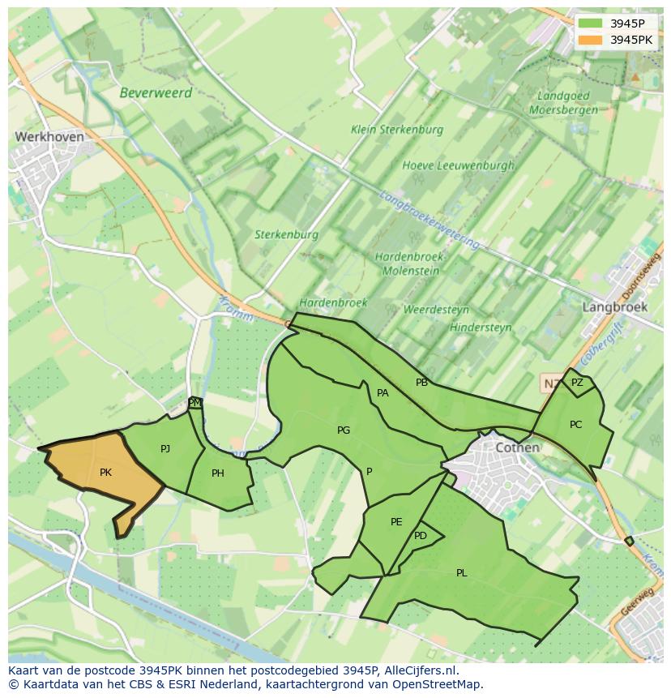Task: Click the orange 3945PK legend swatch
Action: [592, 39]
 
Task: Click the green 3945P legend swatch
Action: [592, 23]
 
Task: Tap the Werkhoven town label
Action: [49, 137]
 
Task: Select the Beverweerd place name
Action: [156, 92]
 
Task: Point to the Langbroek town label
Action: [614, 307]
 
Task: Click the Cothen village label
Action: [517, 447]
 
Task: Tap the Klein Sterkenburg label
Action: [397, 129]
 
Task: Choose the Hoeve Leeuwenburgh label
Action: [458, 165]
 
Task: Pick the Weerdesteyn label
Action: [436, 310]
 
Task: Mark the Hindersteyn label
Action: [481, 328]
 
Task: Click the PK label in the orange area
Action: [105, 472]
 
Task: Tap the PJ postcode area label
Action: [165, 448]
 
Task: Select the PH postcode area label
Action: [217, 473]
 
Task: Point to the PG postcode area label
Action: [344, 430]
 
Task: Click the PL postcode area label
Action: [461, 573]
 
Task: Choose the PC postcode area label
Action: [575, 424]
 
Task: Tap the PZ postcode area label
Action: [577, 383]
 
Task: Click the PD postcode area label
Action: [420, 536]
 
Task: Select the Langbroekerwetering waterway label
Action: [430, 220]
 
